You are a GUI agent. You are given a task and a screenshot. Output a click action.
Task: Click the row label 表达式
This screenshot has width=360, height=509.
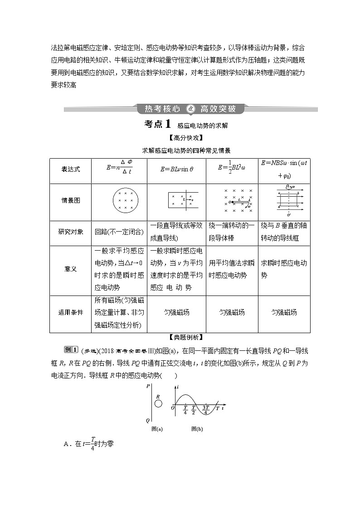[x=71, y=169]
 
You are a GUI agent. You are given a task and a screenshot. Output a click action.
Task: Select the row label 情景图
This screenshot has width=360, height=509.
[x=71, y=200]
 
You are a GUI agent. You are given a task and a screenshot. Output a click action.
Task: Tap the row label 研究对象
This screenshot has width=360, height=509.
[x=71, y=232]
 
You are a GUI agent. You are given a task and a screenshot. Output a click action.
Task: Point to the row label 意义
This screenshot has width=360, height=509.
[x=71, y=269]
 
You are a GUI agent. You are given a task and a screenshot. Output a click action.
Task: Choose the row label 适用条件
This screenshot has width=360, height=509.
[x=71, y=312]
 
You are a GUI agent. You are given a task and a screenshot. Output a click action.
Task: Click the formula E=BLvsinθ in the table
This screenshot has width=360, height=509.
[x=177, y=169]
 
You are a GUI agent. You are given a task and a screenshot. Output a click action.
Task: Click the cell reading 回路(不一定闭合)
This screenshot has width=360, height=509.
[x=120, y=232]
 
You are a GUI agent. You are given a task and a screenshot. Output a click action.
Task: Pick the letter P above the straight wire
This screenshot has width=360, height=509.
[x=148, y=387]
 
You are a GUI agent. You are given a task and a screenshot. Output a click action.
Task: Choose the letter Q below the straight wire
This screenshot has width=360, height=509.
[x=148, y=420]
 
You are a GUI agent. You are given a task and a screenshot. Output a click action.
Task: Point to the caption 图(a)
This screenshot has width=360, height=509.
[x=157, y=429]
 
